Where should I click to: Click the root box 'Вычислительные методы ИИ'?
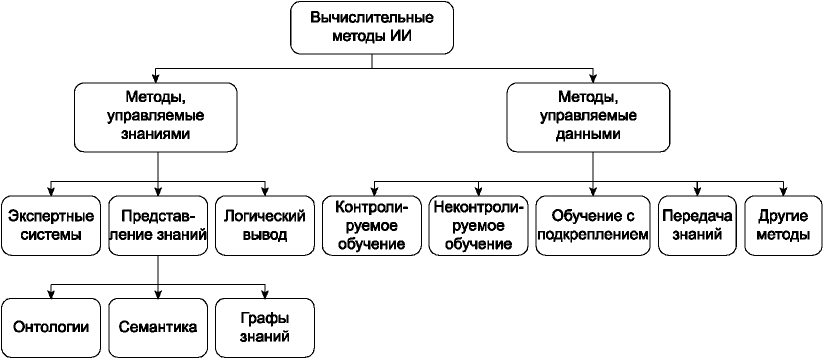(372, 27)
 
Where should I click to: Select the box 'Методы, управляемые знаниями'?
(155, 117)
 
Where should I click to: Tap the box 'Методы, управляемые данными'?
(588, 117)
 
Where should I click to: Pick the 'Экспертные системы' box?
(51, 225)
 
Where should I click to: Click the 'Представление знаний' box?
(158, 225)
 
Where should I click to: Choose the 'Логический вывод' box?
(264, 225)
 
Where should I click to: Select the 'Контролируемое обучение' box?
(372, 225)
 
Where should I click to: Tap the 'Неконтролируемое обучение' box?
(478, 225)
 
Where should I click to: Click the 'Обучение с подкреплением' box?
(593, 225)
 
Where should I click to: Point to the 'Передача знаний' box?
(697, 225)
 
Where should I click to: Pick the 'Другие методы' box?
(783, 225)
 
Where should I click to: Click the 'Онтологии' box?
(51, 328)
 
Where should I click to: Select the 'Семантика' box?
(158, 328)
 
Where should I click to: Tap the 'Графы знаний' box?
(264, 328)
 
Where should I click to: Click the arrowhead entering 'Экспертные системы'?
(51, 191)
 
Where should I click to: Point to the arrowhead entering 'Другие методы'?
(783, 191)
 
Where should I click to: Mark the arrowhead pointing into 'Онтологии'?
(51, 294)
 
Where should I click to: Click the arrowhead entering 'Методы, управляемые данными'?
(593, 78)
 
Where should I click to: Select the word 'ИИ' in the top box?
(401, 36)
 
